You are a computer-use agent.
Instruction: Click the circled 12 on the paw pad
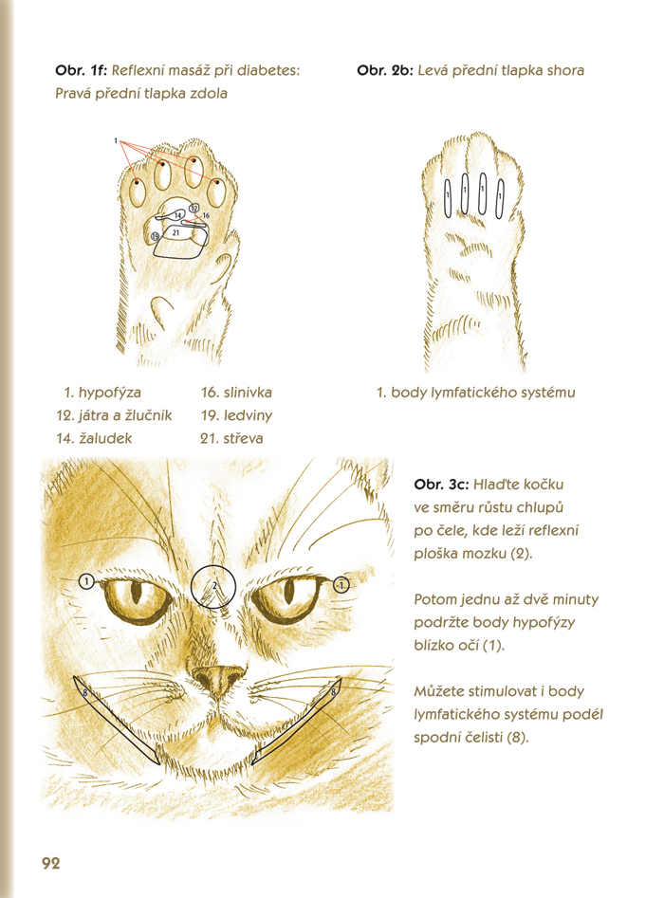coord(194,208)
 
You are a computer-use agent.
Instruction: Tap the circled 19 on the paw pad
coord(156,236)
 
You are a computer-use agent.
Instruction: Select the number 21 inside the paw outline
coord(175,232)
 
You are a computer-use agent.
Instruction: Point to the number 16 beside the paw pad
coord(206,215)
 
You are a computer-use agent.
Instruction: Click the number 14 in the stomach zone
coord(178,215)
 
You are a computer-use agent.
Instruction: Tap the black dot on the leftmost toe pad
coord(137,182)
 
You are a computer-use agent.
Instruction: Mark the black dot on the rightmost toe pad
coord(217,181)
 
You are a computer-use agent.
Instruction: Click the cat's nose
coord(219,679)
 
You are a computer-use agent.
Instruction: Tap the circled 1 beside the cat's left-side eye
coord(86,582)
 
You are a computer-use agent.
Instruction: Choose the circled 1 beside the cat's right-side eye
coord(341,585)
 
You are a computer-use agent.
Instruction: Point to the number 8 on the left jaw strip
coord(84,693)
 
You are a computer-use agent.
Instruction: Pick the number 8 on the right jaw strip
coord(334,692)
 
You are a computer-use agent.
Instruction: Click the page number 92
coord(51,863)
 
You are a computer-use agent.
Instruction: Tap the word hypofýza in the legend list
coord(109,393)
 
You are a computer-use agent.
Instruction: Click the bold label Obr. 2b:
coord(384,70)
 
